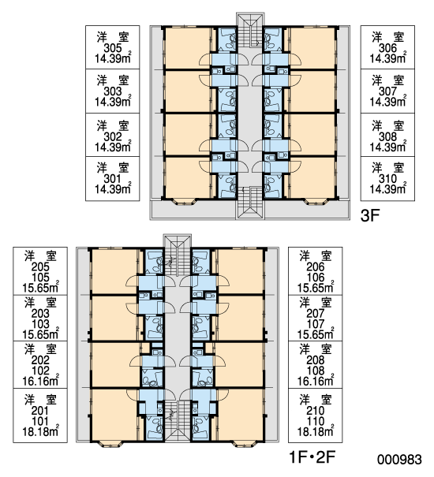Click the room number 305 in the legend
click(x=112, y=48)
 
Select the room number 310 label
click(x=387, y=179)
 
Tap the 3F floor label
click(x=370, y=216)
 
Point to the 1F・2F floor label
click(x=312, y=457)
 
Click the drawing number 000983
click(x=399, y=460)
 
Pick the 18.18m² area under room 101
click(x=40, y=431)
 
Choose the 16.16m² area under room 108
click(x=315, y=381)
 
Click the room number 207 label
click(x=315, y=313)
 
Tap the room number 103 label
click(x=40, y=324)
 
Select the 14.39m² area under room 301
click(x=112, y=188)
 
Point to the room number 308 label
click(x=387, y=137)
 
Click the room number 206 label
click(x=315, y=267)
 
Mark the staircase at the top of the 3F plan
click(x=250, y=30)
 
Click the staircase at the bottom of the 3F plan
click(x=250, y=203)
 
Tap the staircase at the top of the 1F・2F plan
click(x=178, y=255)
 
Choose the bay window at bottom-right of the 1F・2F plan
click(x=243, y=443)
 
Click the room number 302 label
click(x=112, y=137)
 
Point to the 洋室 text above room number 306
click(x=387, y=37)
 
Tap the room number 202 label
click(x=40, y=360)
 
